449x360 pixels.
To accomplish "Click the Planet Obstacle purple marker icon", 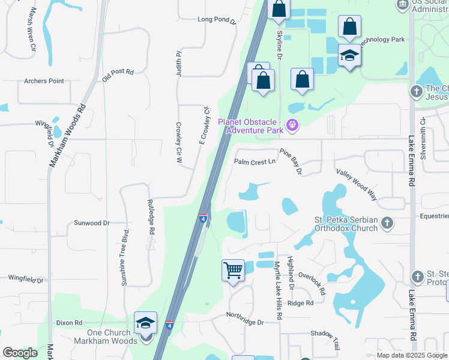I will (292, 125).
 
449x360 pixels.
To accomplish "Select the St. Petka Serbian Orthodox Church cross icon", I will (387, 223).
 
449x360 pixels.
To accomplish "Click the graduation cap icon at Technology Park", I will (349, 55).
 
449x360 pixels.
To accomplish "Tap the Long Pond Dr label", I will (217, 20).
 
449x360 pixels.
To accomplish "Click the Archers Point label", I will (44, 81).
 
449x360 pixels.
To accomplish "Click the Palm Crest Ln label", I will (255, 161).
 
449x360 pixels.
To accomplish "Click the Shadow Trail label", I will (326, 340).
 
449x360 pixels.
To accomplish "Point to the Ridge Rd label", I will (300, 303).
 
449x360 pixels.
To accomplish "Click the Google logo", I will (20, 353).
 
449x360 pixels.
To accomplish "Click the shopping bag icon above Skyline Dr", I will (279, 8).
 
